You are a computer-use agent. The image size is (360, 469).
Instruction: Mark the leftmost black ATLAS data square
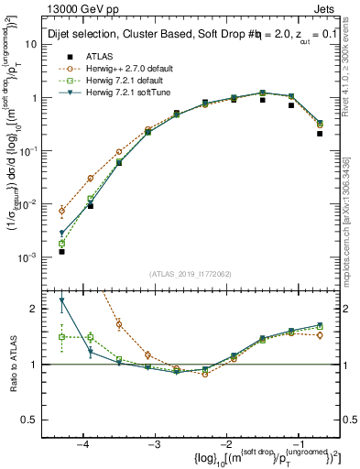[x=61, y=251]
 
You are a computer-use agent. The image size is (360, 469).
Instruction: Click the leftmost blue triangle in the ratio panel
[x=61, y=300]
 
